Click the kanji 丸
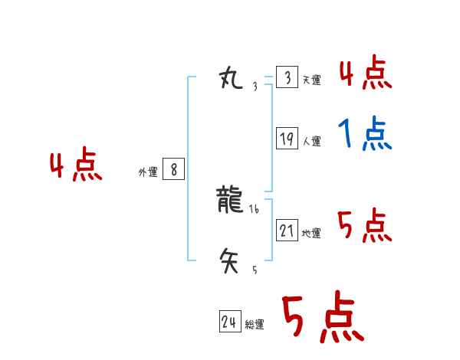click(x=230, y=77)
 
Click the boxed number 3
click(x=287, y=77)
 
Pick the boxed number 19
click(x=287, y=139)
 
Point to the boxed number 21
click(x=287, y=230)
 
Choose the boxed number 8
click(x=173, y=170)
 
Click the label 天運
click(x=311, y=80)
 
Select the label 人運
click(x=311, y=141)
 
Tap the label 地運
click(x=311, y=233)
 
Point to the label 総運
click(x=255, y=325)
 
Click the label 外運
click(x=148, y=173)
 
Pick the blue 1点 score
click(x=365, y=135)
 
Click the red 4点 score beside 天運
click(x=365, y=74)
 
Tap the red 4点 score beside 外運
click(x=76, y=167)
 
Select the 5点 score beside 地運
click(x=365, y=226)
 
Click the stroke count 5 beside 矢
click(x=255, y=270)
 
